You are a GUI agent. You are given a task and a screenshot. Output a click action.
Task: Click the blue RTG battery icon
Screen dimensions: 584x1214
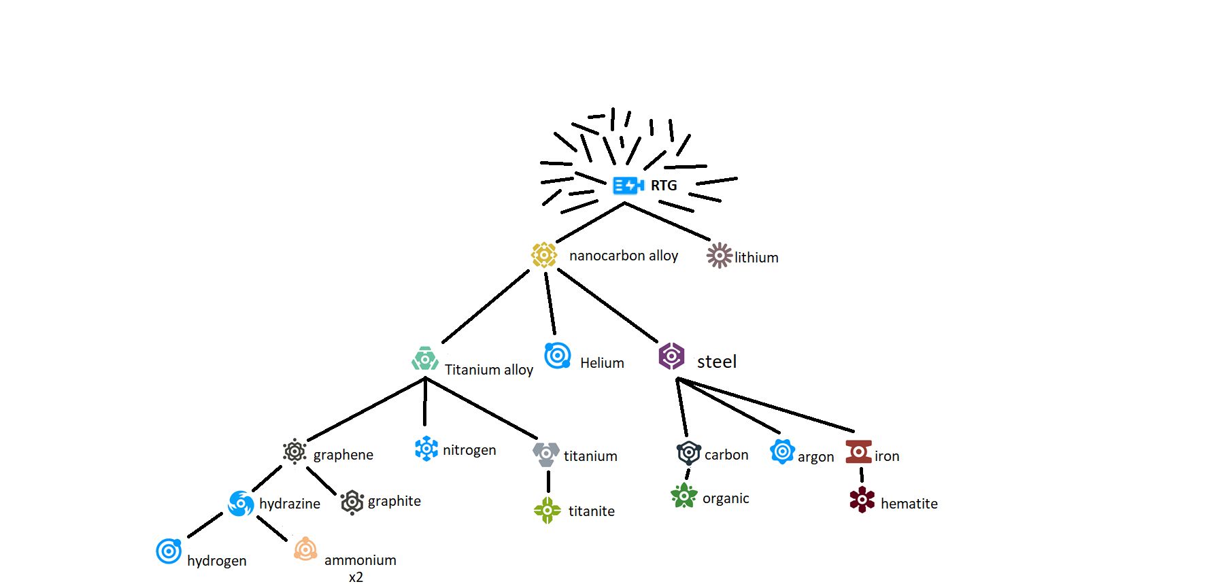click(628, 185)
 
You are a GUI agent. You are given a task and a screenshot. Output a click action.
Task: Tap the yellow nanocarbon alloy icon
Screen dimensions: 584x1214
click(544, 255)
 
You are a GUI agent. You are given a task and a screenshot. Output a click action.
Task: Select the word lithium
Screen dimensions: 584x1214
click(756, 258)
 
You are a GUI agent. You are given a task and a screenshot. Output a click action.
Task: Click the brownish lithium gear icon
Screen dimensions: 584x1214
click(719, 256)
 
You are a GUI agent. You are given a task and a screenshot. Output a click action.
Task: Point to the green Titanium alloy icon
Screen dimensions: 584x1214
click(425, 358)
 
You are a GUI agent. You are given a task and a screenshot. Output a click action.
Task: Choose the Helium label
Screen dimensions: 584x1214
click(602, 363)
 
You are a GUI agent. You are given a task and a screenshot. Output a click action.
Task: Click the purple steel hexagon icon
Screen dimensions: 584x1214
click(671, 356)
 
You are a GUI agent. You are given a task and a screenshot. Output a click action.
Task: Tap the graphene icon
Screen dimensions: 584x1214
click(294, 451)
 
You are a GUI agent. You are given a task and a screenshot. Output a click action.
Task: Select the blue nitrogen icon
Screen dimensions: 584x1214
click(426, 449)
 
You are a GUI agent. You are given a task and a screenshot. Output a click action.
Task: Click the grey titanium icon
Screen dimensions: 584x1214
click(546, 453)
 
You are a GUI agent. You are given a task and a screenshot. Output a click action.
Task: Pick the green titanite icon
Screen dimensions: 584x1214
click(547, 510)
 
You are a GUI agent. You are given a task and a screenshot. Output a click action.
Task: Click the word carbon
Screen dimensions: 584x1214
click(726, 455)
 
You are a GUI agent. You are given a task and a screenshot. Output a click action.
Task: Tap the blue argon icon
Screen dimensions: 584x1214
click(782, 451)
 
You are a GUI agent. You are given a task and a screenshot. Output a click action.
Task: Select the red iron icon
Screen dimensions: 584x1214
click(858, 451)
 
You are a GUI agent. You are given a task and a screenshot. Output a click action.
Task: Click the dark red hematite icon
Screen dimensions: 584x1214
click(862, 500)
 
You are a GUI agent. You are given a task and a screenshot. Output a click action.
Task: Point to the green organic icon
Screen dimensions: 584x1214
click(684, 496)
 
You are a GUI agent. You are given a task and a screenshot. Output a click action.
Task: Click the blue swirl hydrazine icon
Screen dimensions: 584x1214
click(241, 504)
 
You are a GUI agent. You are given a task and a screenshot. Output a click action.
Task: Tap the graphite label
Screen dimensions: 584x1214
click(394, 501)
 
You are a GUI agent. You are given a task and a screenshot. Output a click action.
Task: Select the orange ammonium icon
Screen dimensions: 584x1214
click(305, 549)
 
